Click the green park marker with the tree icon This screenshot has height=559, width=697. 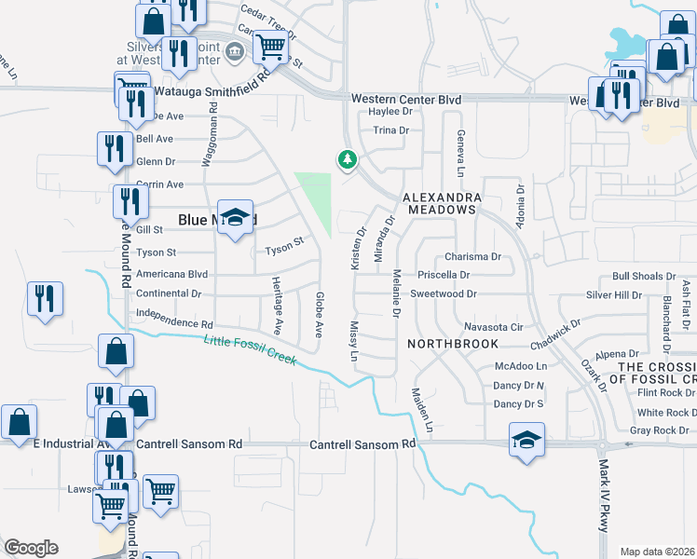coord(348,160)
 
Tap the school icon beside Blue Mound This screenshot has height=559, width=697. coord(236,218)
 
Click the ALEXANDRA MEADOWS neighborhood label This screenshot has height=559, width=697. coord(442,204)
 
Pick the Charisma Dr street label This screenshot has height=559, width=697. coord(472,256)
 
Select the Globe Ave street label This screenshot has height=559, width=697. coord(319,315)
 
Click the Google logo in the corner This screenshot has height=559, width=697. coord(31,548)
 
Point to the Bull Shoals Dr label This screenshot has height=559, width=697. coord(644,277)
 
